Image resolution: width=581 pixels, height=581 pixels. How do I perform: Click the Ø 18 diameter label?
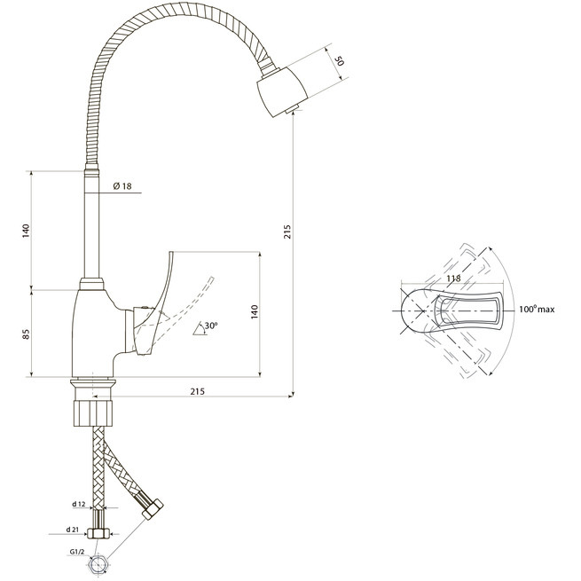pyautogui.click(x=122, y=186)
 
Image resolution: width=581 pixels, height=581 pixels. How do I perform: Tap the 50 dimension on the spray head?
pyautogui.click(x=340, y=60)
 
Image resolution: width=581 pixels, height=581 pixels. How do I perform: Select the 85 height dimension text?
pyautogui.click(x=26, y=334)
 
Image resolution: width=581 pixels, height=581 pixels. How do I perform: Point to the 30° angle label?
pyautogui.click(x=211, y=326)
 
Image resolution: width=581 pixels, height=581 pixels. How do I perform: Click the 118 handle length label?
pyautogui.click(x=453, y=278)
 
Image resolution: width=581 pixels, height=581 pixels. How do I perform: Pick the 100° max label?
pyautogui.click(x=537, y=309)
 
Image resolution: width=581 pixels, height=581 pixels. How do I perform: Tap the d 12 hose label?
pyautogui.click(x=79, y=504)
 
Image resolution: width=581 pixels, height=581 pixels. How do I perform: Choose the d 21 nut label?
pyautogui.click(x=73, y=530)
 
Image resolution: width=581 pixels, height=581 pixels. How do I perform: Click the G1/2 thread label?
pyautogui.click(x=76, y=552)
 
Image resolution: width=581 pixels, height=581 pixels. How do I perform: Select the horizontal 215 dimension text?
pyautogui.click(x=197, y=391)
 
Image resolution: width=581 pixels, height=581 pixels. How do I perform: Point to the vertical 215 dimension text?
pyautogui.click(x=287, y=232)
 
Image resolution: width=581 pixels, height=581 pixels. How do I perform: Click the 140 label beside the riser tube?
pyautogui.click(x=26, y=231)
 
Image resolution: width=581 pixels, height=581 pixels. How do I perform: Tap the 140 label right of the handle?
pyautogui.click(x=255, y=312)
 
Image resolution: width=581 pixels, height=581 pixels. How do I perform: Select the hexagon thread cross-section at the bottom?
pyautogui.click(x=98, y=565)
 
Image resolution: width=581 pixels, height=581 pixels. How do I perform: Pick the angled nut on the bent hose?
pyautogui.click(x=153, y=509)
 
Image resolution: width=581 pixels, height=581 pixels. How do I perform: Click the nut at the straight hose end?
pyautogui.click(x=98, y=534)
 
